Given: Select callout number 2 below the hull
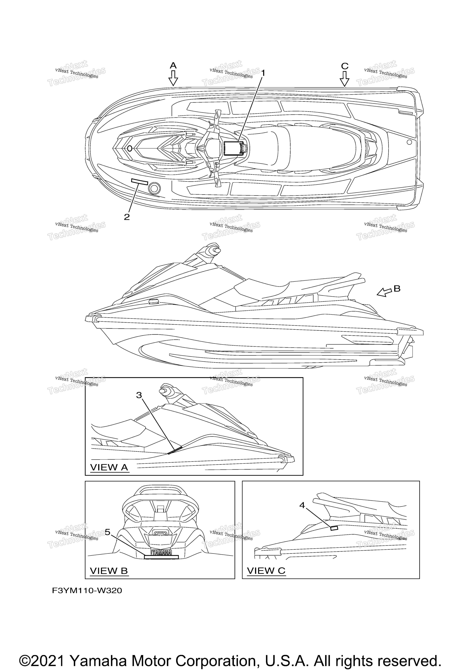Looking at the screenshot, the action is (127, 217).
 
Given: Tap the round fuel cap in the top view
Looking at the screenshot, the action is (154, 188).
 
